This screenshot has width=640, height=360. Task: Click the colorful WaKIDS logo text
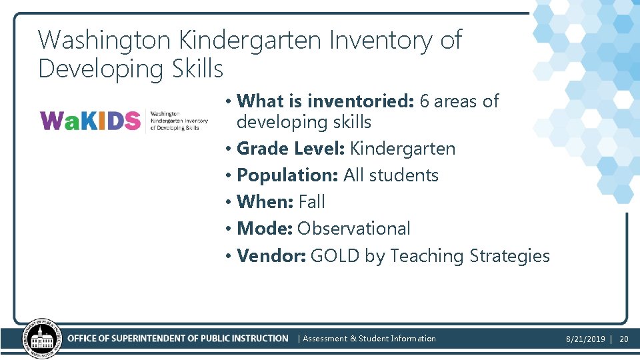(x=91, y=121)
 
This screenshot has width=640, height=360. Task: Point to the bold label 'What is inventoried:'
(x=325, y=101)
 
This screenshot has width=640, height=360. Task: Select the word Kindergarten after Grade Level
(x=402, y=148)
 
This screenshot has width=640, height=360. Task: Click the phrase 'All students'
(x=391, y=175)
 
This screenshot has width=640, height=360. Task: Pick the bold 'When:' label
(x=265, y=201)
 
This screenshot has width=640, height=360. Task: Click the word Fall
(x=311, y=201)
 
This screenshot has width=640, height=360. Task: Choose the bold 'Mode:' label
(x=265, y=228)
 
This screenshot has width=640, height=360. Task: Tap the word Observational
(x=353, y=228)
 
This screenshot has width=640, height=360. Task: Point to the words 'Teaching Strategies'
(x=470, y=256)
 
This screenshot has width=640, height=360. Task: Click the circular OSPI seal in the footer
(x=41, y=339)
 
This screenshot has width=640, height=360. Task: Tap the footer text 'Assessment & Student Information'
(x=369, y=339)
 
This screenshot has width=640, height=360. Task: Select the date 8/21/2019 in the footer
(x=585, y=339)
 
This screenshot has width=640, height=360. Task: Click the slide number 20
(x=624, y=339)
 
